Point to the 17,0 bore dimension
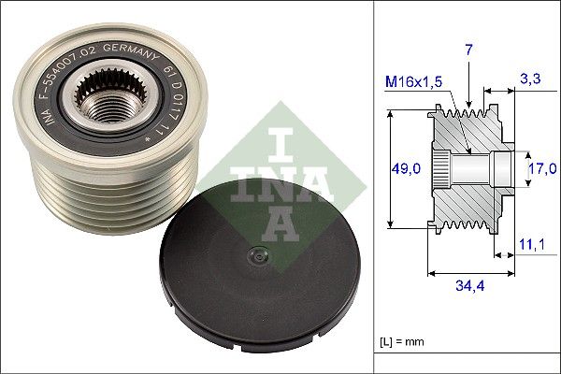pyautogui.click(x=543, y=168)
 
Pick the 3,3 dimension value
pyautogui.click(x=529, y=81)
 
